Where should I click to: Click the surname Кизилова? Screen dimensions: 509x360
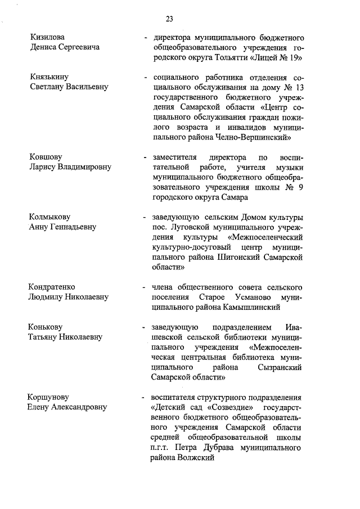click(48, 37)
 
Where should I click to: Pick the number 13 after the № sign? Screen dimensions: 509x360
click(298, 87)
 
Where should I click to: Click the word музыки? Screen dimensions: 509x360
click(289, 168)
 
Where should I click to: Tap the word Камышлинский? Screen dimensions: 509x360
click(251, 308)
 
